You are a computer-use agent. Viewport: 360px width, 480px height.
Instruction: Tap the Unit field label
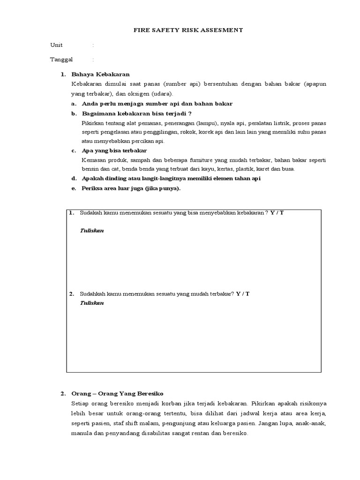pos(56,45)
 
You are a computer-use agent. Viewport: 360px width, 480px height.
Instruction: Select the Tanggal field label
pos(61,60)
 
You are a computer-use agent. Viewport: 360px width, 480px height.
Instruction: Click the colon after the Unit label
pos(93,45)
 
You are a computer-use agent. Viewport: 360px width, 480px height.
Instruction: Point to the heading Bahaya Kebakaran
pos(100,74)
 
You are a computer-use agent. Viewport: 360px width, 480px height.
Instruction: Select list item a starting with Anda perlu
pos(157,104)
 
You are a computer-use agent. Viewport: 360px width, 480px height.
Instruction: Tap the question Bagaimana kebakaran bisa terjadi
pos(137,113)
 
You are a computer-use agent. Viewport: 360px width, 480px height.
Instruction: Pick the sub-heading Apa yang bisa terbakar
pos(114,150)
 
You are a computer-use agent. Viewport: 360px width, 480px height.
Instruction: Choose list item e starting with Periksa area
pos(131,188)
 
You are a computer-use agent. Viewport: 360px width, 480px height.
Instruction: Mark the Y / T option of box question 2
pos(243,293)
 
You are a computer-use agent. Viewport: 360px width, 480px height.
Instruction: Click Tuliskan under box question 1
pos(92,231)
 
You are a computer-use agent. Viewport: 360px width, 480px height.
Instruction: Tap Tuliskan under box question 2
pos(92,303)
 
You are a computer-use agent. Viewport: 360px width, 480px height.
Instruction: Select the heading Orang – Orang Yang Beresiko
pos(117,393)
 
